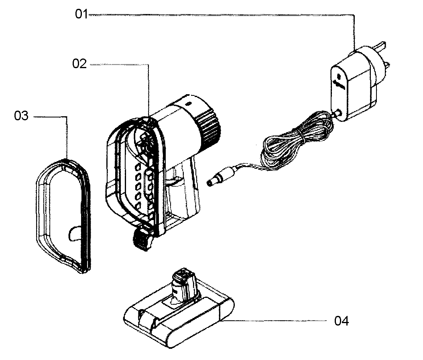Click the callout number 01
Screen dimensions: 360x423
click(x=81, y=14)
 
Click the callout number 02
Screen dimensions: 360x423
click(x=79, y=64)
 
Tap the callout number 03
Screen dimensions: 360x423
click(x=21, y=116)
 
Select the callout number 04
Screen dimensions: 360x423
click(x=342, y=321)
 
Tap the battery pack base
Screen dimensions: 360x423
click(x=181, y=321)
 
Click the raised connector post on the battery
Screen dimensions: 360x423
click(x=184, y=283)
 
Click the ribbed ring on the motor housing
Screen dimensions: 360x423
click(x=209, y=124)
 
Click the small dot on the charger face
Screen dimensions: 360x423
click(x=338, y=76)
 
